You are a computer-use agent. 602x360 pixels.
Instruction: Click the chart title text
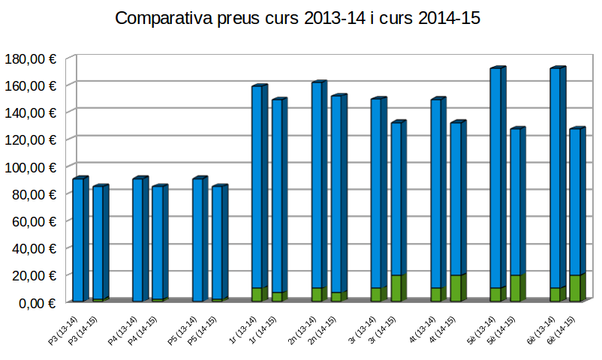pos(298,19)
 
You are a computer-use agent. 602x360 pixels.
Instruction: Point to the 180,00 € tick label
pos(30,58)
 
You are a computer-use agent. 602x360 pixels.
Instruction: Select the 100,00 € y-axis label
pos(30,166)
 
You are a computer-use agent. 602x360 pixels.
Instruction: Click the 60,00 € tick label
pos(33,220)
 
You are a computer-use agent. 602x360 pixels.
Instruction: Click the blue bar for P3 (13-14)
pos(77,240)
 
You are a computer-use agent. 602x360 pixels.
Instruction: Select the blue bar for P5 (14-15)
pos(216,240)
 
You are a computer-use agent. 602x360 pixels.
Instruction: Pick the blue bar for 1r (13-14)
pos(257,187)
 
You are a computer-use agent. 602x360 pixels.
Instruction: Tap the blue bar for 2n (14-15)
pos(336,195)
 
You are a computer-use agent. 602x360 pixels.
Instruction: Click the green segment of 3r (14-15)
pos(396,289)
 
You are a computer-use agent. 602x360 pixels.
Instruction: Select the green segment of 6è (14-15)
pos(575,289)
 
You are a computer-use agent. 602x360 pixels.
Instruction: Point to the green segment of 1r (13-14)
pos(257,295)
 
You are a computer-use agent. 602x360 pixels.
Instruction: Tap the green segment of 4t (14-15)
pos(456,289)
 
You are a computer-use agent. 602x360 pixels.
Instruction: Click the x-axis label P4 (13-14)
pos(122,331)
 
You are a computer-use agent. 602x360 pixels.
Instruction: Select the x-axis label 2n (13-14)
pos(302,331)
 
